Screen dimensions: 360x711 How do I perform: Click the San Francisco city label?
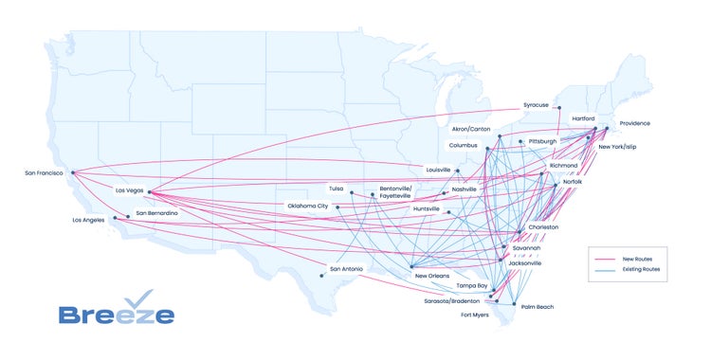44,173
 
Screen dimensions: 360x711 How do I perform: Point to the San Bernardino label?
156,213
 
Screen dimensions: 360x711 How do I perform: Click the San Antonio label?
346,269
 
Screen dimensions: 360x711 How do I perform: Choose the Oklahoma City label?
308,206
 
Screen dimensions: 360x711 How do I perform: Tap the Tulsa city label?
337,188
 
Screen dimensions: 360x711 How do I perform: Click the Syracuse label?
536,105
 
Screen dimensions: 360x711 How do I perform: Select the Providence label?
635,124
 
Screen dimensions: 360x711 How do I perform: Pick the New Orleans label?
432,276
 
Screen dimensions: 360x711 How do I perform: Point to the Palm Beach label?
537,307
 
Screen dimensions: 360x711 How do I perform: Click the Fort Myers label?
474,315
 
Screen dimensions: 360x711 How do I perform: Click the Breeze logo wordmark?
116,315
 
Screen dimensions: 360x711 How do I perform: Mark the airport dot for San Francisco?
73,172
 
